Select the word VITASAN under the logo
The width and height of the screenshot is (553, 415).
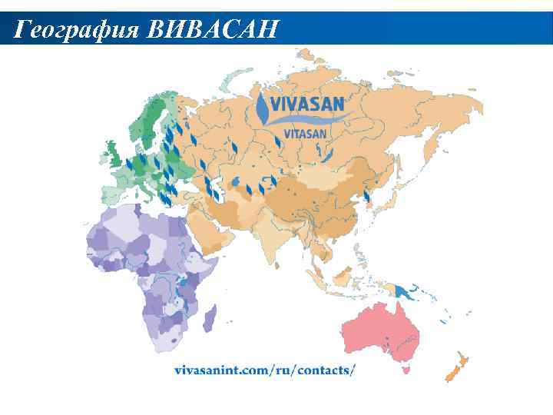(305, 133)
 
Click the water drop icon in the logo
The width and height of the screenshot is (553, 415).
(263, 109)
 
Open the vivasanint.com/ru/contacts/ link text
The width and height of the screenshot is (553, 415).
(265, 370)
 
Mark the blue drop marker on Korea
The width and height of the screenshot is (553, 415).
(367, 197)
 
